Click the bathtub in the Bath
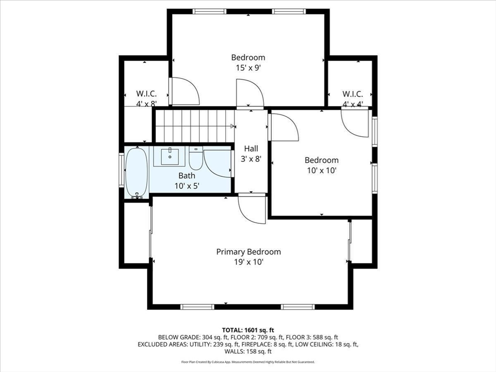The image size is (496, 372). click(x=136, y=172)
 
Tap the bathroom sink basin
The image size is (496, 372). click(x=170, y=156)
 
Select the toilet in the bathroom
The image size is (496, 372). click(x=196, y=158)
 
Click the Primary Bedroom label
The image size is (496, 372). click(x=248, y=252)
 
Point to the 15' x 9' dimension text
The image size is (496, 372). click(x=248, y=68)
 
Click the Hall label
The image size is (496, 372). click(x=251, y=148)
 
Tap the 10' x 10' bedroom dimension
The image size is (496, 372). click(x=322, y=170)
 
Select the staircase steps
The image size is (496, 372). click(x=195, y=126)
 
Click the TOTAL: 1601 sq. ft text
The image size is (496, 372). click(x=248, y=330)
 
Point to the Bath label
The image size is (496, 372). click(x=186, y=175)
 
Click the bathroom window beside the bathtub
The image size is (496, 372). click(x=122, y=169)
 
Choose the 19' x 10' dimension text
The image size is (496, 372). click(x=248, y=262)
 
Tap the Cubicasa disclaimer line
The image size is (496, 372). click(x=248, y=362)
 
